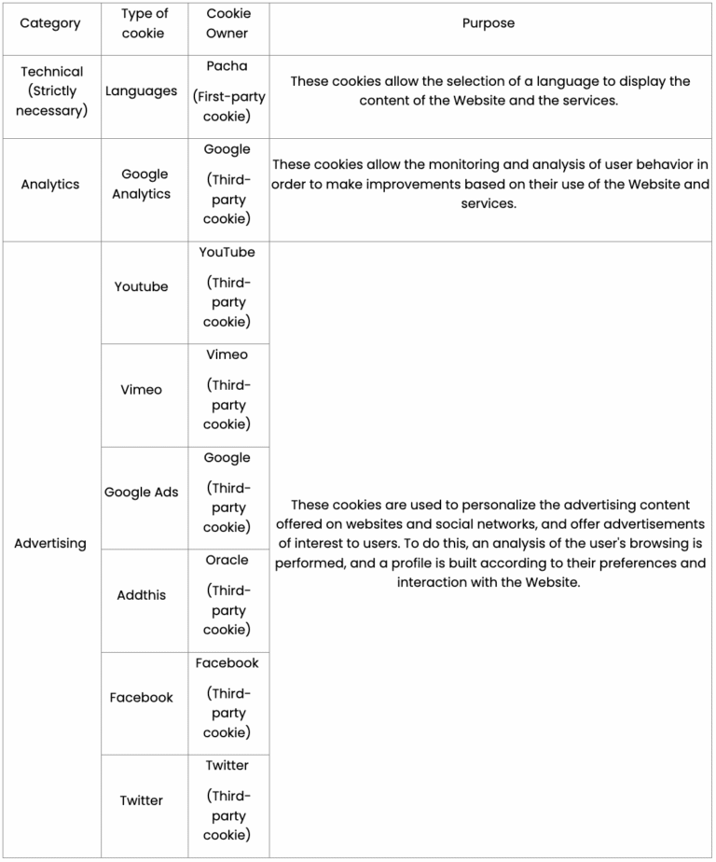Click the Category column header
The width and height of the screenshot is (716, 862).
click(x=50, y=23)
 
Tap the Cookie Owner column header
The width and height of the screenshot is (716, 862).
click(x=227, y=23)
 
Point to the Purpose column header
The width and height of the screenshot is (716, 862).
click(x=488, y=23)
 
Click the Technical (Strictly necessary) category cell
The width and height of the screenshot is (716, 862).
click(x=51, y=91)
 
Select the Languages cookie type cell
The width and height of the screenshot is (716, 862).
click(x=141, y=91)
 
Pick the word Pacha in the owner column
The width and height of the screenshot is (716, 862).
click(x=227, y=66)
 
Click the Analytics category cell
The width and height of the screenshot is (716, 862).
click(x=50, y=185)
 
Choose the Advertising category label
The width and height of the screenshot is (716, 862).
click(x=50, y=543)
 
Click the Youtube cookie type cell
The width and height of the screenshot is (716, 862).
click(x=142, y=286)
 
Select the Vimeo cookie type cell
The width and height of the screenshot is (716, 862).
click(x=142, y=390)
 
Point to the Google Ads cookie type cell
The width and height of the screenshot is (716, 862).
click(x=142, y=493)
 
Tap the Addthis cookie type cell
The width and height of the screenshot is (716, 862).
click(x=142, y=595)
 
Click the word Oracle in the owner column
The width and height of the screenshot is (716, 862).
click(x=227, y=561)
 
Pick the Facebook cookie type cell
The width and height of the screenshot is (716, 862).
click(x=142, y=698)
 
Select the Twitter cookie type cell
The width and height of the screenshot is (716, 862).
click(x=142, y=800)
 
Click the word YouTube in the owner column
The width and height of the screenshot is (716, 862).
click(x=227, y=253)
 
